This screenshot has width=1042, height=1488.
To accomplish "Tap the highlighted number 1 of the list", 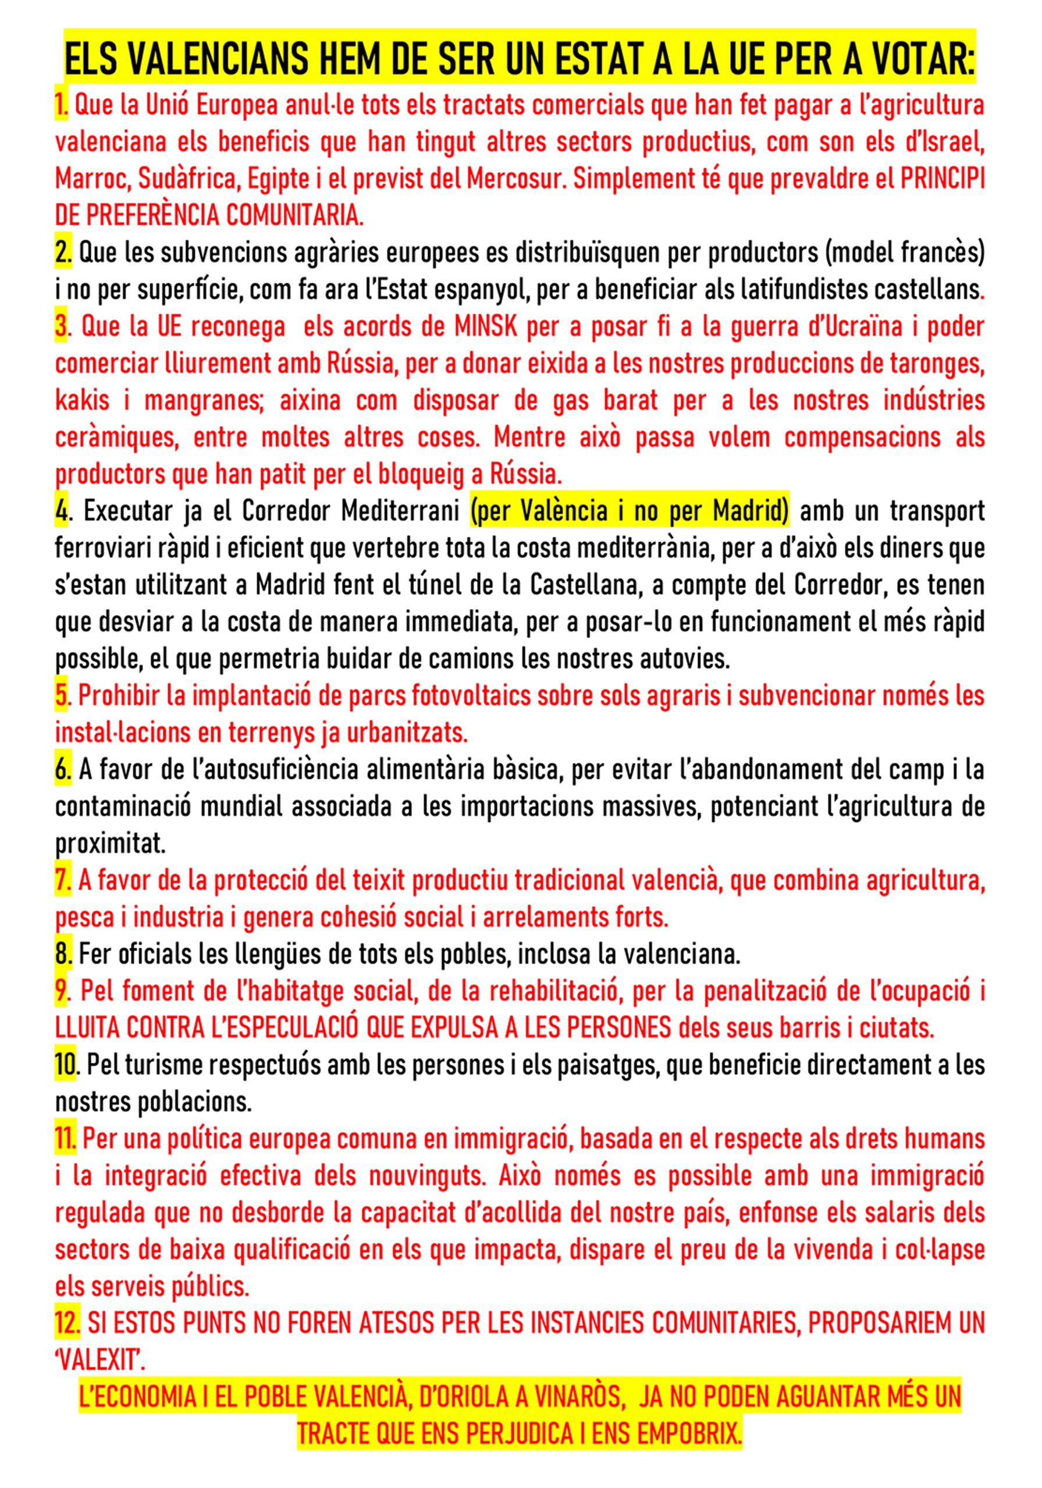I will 61,105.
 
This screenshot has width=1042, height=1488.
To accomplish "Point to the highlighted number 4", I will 61,511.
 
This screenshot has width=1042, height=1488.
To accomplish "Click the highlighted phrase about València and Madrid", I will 630,511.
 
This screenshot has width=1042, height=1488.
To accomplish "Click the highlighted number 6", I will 62,770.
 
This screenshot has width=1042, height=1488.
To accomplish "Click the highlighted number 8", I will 63,954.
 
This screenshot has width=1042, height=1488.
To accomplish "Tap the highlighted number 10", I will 65,1065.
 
